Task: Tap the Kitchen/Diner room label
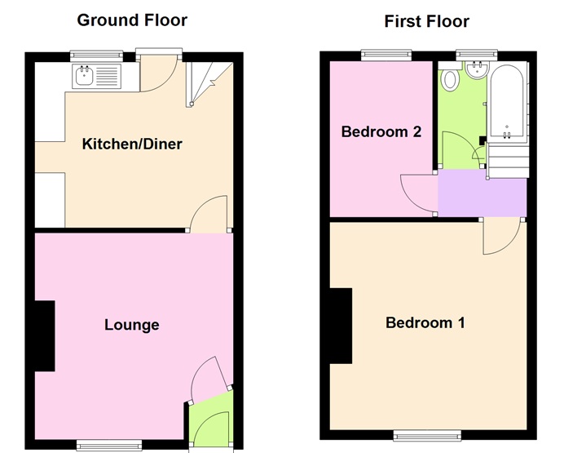(132, 144)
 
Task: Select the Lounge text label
(131, 325)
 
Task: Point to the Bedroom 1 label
(425, 322)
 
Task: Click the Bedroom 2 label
(381, 131)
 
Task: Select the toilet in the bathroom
(450, 81)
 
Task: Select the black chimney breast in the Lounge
(44, 335)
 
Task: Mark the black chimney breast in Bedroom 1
(340, 326)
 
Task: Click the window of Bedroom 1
(426, 433)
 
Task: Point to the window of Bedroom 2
(386, 55)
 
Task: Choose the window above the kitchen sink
(95, 56)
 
